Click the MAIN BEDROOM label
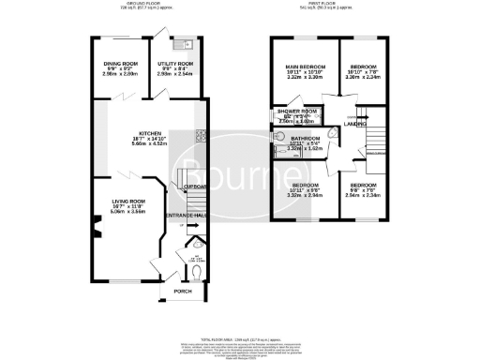(x=306, y=67)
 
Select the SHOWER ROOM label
(x=296, y=111)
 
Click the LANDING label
(x=355, y=124)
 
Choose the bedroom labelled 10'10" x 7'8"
(x=361, y=67)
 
